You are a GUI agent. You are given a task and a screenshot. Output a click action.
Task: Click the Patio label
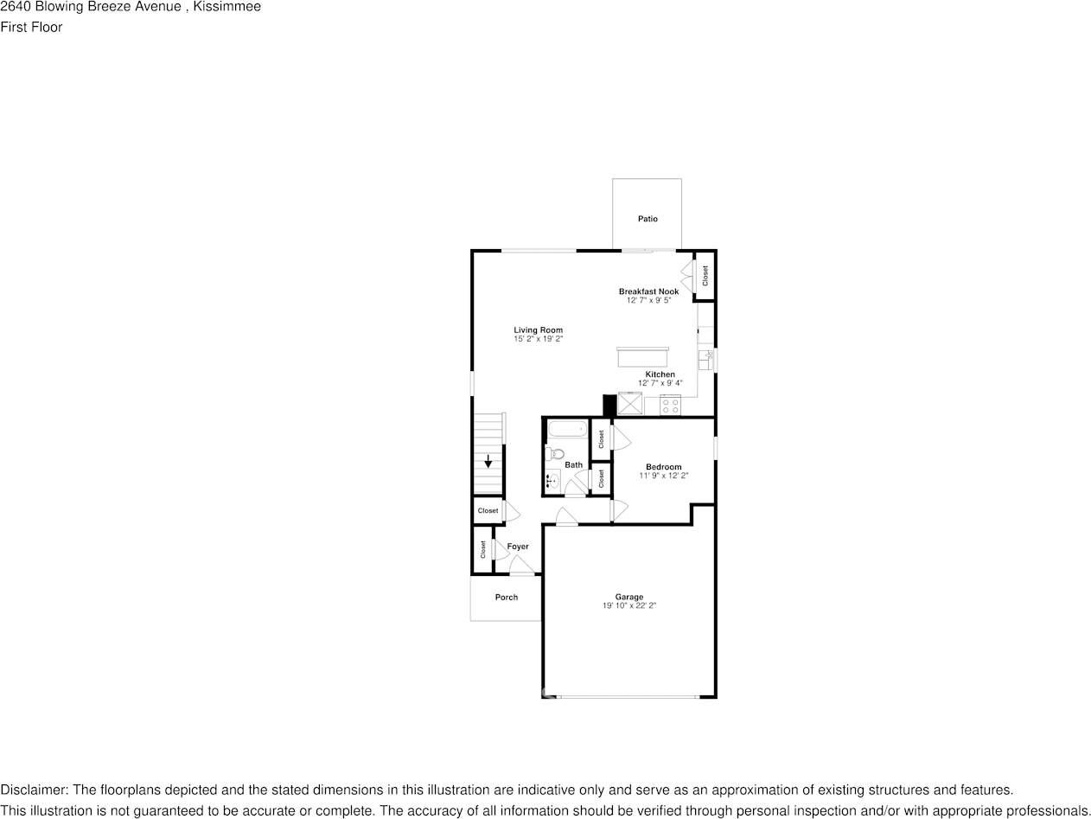tap(648, 219)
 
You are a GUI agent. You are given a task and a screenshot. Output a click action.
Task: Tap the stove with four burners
tap(670, 404)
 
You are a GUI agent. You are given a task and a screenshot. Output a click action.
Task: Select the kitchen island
tap(642, 356)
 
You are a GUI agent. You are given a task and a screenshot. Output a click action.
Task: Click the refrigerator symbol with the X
tap(629, 404)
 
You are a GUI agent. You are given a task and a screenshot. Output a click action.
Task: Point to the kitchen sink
tap(707, 355)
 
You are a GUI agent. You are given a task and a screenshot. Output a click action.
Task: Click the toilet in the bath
tap(554, 453)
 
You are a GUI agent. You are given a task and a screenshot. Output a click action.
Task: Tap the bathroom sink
tap(552, 481)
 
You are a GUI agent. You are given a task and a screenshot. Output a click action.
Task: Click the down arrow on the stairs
tap(488, 461)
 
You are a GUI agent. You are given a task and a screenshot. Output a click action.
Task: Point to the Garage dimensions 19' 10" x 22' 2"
tap(629, 606)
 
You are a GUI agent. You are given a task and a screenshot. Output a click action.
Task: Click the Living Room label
tap(538, 330)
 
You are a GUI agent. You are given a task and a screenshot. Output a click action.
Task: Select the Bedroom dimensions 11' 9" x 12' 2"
tap(664, 476)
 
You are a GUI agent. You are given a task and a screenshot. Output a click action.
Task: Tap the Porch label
tap(507, 598)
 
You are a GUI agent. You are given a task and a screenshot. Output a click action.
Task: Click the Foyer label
tap(518, 547)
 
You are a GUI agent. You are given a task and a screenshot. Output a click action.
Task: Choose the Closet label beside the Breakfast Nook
tap(705, 276)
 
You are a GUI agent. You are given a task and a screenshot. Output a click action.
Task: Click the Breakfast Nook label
tap(648, 291)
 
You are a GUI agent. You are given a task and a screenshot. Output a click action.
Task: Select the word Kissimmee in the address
tap(230, 7)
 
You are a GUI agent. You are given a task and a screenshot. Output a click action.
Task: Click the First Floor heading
tap(31, 27)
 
